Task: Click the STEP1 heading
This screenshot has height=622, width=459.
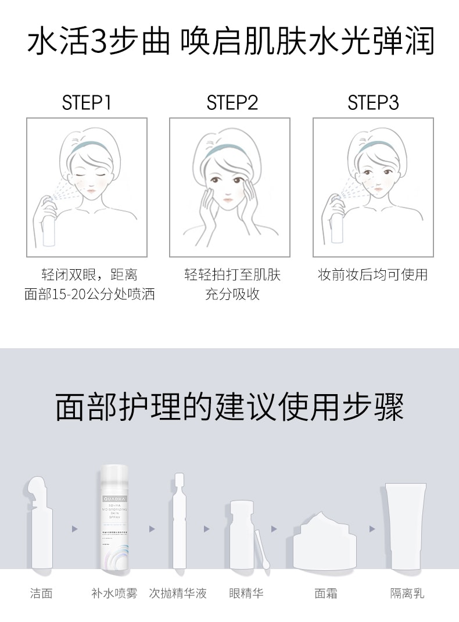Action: point(86,103)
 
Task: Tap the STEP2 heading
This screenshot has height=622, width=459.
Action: point(232,103)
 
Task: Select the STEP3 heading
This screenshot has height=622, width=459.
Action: point(373,103)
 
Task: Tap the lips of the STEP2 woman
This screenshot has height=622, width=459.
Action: point(228,199)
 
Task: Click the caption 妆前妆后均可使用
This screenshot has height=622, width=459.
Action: point(372,274)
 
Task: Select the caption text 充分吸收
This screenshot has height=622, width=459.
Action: point(232,294)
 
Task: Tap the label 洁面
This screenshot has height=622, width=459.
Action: point(41,593)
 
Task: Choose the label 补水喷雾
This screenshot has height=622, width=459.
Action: point(114,593)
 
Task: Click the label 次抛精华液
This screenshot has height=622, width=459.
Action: point(177,593)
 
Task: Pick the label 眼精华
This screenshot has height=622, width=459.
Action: point(246,593)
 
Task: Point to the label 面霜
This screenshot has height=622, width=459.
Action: point(325,593)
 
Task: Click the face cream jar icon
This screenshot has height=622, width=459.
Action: point(325,544)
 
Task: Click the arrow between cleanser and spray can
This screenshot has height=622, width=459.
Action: point(74,529)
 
